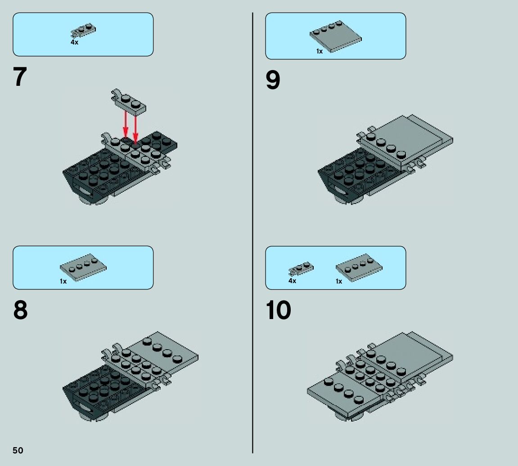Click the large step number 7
click(20, 76)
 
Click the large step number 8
click(21, 310)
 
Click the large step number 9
click(273, 80)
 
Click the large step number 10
click(278, 310)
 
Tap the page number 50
click(18, 451)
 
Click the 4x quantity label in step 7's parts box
click(74, 42)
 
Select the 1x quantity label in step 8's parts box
click(63, 281)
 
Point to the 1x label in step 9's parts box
click(320, 51)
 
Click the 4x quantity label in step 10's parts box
click(293, 281)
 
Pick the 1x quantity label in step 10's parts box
click(339, 281)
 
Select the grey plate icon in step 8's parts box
click(83, 267)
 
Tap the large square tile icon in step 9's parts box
click(336, 36)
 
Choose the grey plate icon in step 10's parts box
click(359, 267)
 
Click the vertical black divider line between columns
click(253, 233)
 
